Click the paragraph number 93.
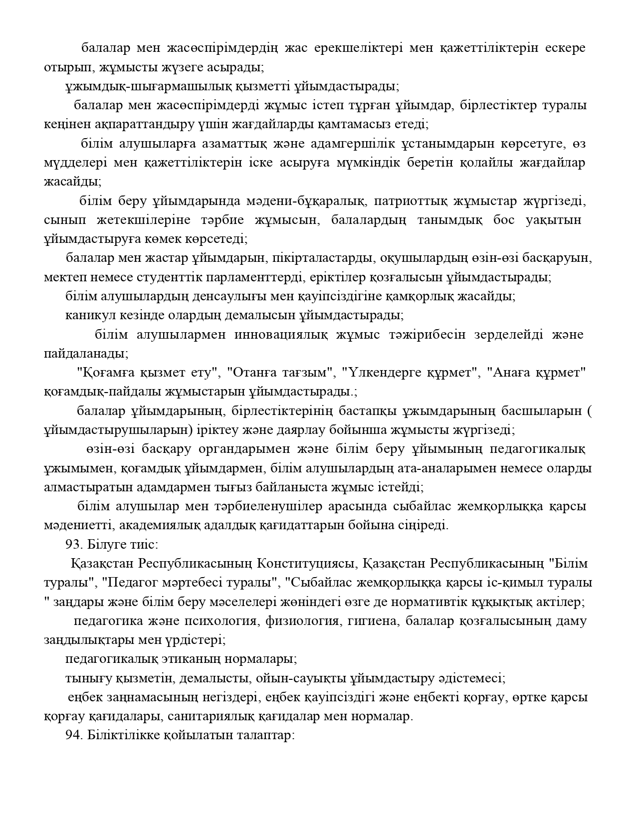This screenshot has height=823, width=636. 72,544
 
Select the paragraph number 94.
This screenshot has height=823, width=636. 72,736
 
